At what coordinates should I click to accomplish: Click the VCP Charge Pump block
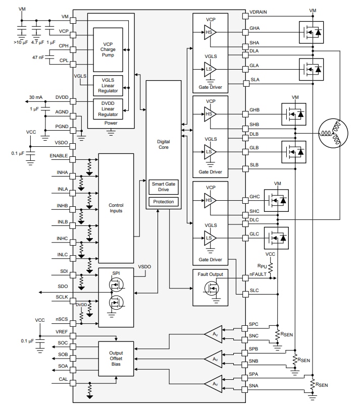pos(108,49)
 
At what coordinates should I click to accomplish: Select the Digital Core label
pos(163,145)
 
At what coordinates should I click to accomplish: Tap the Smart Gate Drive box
pos(163,188)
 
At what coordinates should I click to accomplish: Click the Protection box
pos(163,202)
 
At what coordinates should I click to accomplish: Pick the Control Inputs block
pos(116,208)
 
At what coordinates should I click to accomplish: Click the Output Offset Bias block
pos(116,359)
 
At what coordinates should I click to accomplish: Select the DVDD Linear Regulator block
pos(108,108)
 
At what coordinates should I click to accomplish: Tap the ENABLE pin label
pos(59,156)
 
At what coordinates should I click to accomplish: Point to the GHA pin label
pos(255,29)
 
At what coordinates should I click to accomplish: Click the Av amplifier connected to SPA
pos(214,384)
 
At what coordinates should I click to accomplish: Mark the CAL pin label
pos(64,379)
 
